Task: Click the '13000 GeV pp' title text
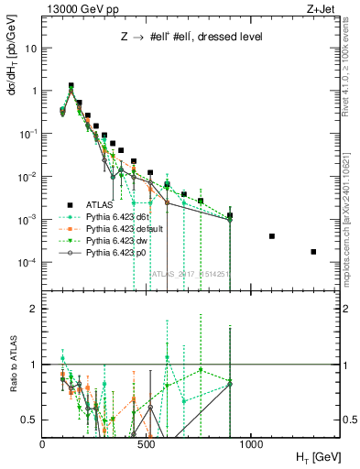81,9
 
